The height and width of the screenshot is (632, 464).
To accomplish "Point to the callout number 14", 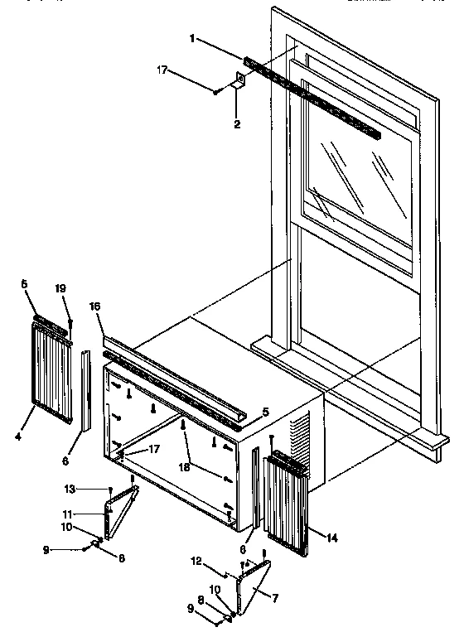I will point(332,538).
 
